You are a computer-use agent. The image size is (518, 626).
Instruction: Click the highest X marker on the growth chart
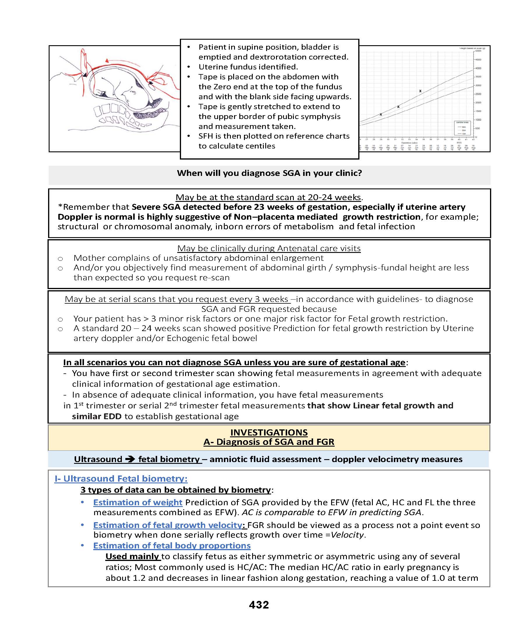(x=420, y=91)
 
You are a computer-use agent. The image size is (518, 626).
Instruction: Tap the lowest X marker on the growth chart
(x=381, y=114)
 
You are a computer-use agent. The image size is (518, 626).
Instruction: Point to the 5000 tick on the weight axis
(x=478, y=51)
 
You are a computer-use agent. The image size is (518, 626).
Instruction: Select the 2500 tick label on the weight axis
(x=478, y=94)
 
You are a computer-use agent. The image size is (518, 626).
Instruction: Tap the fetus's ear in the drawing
(x=134, y=93)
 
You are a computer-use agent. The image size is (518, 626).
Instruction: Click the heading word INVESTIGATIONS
(x=269, y=433)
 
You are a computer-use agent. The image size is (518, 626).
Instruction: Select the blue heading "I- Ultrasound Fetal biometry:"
(x=121, y=479)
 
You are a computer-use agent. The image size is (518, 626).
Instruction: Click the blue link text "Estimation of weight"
(x=138, y=502)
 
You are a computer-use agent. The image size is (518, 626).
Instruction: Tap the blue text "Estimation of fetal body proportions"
(x=172, y=545)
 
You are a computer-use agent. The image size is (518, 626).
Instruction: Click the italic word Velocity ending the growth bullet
(x=347, y=535)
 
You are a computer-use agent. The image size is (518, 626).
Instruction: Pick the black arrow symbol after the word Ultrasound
(x=130, y=459)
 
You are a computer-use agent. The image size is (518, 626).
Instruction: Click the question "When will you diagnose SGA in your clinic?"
(x=269, y=173)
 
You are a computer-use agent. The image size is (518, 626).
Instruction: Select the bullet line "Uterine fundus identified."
(x=248, y=67)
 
